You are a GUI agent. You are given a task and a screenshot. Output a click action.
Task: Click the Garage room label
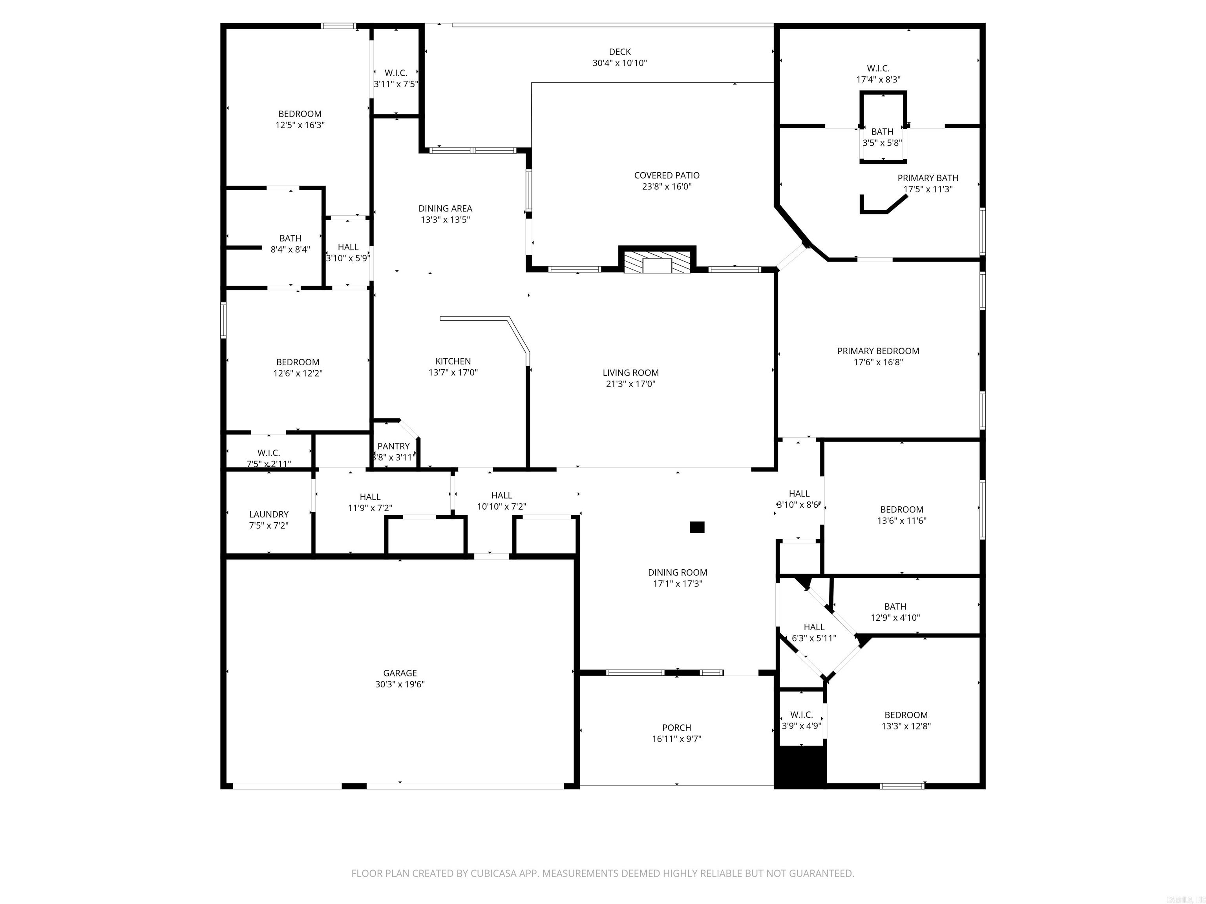pos(400,673)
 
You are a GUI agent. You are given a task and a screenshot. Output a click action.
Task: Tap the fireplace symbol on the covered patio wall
pos(657,262)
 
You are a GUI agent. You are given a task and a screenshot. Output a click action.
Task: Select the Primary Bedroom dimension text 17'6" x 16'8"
pos(878,362)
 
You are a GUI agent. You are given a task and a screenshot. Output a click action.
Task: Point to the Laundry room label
pos(269,514)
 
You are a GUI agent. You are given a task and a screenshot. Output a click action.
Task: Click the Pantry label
pos(393,446)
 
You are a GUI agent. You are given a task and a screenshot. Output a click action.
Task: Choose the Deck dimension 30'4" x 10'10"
pos(619,63)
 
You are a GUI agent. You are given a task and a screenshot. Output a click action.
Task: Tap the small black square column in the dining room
pos(697,527)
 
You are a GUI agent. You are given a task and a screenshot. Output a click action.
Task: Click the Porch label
pos(676,727)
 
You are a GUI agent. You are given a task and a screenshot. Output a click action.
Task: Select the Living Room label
pos(630,373)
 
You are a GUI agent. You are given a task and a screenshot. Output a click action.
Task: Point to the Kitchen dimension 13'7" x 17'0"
pos(453,372)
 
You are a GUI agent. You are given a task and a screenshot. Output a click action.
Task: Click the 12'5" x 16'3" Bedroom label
pos(300,114)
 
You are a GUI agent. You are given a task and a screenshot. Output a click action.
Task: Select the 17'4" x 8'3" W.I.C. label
pos(878,69)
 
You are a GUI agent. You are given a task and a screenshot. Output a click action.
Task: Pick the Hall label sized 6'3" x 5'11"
pos(813,627)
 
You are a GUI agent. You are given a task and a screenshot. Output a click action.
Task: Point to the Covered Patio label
pos(666,175)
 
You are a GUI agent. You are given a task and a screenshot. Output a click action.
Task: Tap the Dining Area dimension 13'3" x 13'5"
pos(445,220)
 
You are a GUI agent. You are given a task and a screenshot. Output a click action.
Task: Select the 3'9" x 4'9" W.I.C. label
pos(801,714)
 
